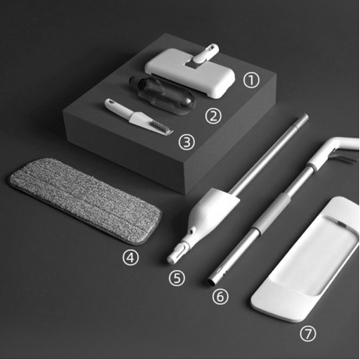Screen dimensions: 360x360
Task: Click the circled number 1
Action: coord(250,79)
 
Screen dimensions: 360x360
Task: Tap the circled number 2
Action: coord(213,116)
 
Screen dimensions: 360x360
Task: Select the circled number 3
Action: coord(185,142)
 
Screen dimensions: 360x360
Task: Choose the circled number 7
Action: coord(309,333)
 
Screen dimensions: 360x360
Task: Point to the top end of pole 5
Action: coord(301,119)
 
